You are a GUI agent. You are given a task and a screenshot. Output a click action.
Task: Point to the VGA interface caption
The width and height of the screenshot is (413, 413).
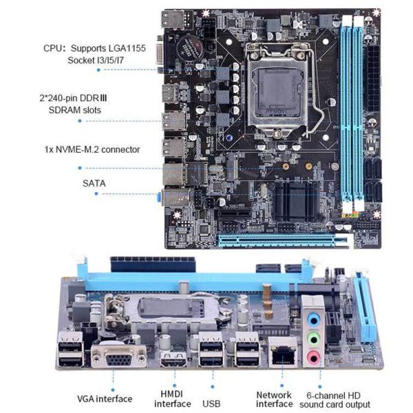104,399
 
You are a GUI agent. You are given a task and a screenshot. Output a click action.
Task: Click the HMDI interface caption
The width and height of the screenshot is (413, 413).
173,399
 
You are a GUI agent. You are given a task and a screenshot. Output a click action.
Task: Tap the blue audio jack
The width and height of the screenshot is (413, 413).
313,320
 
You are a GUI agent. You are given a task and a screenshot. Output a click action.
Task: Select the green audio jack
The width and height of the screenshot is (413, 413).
313,338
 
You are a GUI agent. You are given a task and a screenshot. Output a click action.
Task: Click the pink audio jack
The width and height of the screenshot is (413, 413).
313,356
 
